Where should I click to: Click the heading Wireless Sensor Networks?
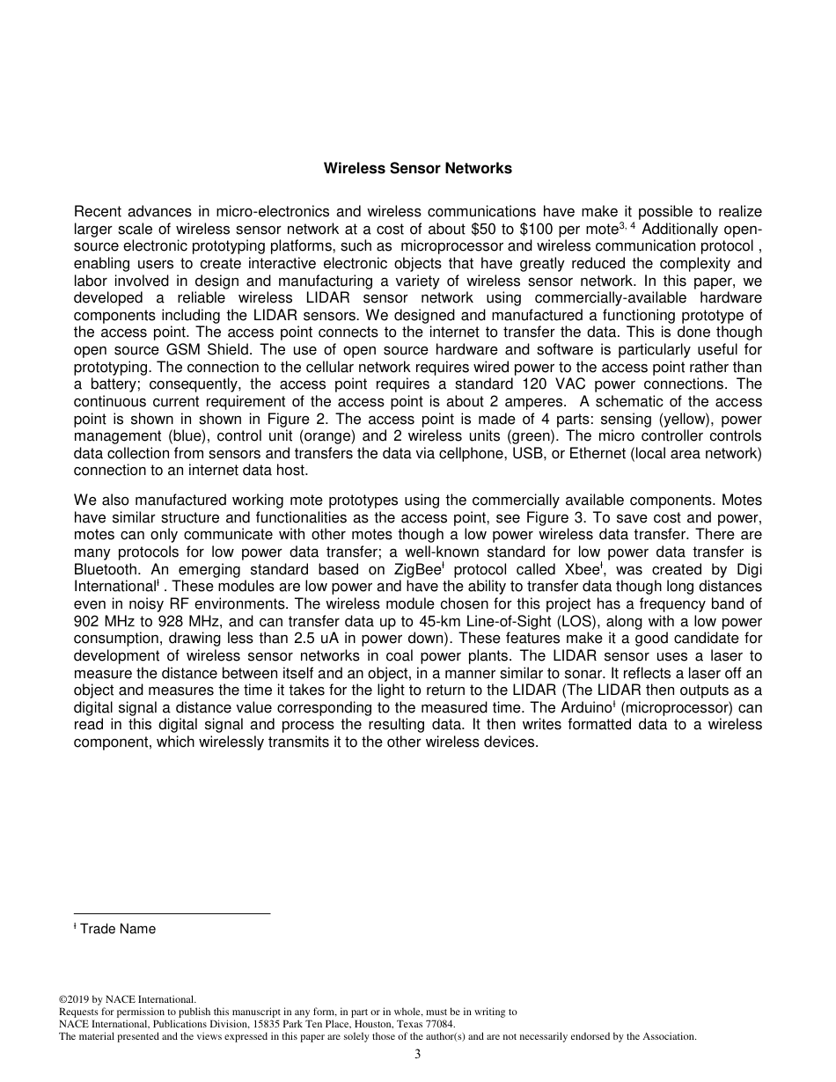[417, 168]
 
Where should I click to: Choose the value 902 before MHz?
[89, 621]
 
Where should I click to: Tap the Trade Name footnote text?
[117, 929]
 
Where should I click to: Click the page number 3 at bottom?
[418, 1055]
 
